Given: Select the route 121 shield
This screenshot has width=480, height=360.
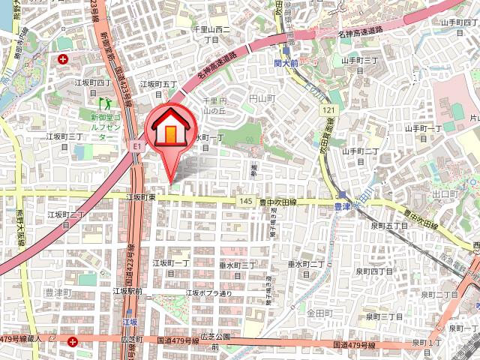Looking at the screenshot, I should coord(329,110).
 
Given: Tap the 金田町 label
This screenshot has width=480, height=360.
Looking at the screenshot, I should coord(319,311).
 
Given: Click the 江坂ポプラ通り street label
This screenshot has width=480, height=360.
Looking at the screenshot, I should coord(209,293).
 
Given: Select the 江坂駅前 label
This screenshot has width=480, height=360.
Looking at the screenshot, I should coord(127,290).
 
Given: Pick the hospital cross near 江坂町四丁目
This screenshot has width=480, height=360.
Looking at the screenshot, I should coord(63,58).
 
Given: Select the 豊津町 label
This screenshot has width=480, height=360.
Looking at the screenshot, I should coord(57,292).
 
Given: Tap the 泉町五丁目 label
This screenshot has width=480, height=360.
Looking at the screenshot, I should coord(389,225).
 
